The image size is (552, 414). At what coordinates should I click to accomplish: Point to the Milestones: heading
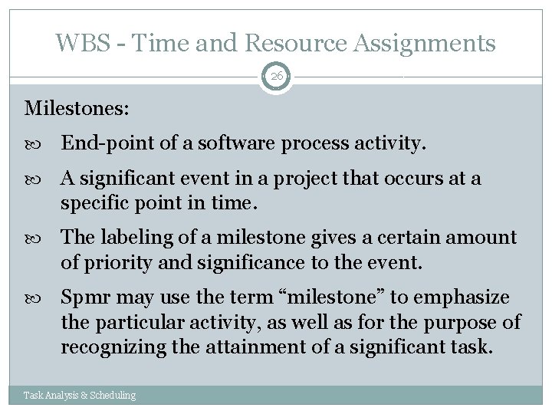coord(77,109)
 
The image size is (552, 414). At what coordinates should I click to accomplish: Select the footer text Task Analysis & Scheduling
coord(80,395)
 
